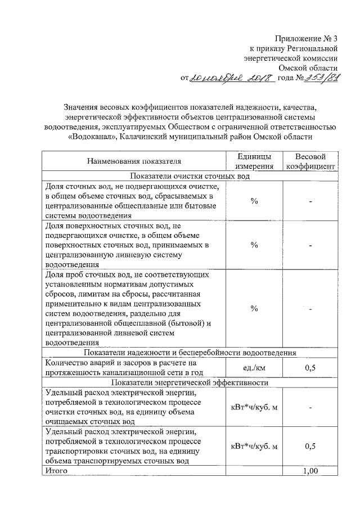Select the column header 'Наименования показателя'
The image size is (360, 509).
(x=133, y=161)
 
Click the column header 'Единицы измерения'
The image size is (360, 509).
(x=254, y=161)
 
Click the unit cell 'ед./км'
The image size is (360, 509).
(x=254, y=368)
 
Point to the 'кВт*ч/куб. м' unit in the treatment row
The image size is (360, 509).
(x=254, y=407)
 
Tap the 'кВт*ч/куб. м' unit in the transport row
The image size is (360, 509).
(x=254, y=446)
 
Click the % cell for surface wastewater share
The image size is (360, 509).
(x=254, y=245)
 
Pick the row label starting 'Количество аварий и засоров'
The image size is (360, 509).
(x=133, y=368)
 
